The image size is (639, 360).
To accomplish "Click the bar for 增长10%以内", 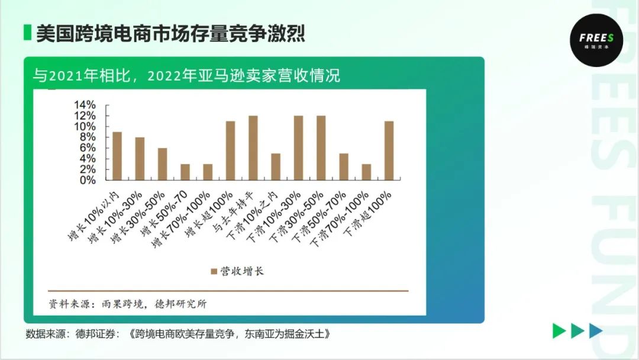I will [117, 156].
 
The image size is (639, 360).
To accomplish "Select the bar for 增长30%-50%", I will [162, 164].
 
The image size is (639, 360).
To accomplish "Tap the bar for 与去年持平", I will [253, 148].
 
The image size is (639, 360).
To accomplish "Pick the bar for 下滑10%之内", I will [276, 167].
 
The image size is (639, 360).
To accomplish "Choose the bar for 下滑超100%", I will [389, 151].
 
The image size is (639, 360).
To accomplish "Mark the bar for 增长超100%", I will [231, 151].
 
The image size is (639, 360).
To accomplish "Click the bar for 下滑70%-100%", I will [366, 172].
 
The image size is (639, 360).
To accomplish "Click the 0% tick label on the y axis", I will [87, 180].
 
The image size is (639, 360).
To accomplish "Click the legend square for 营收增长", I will [214, 271].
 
